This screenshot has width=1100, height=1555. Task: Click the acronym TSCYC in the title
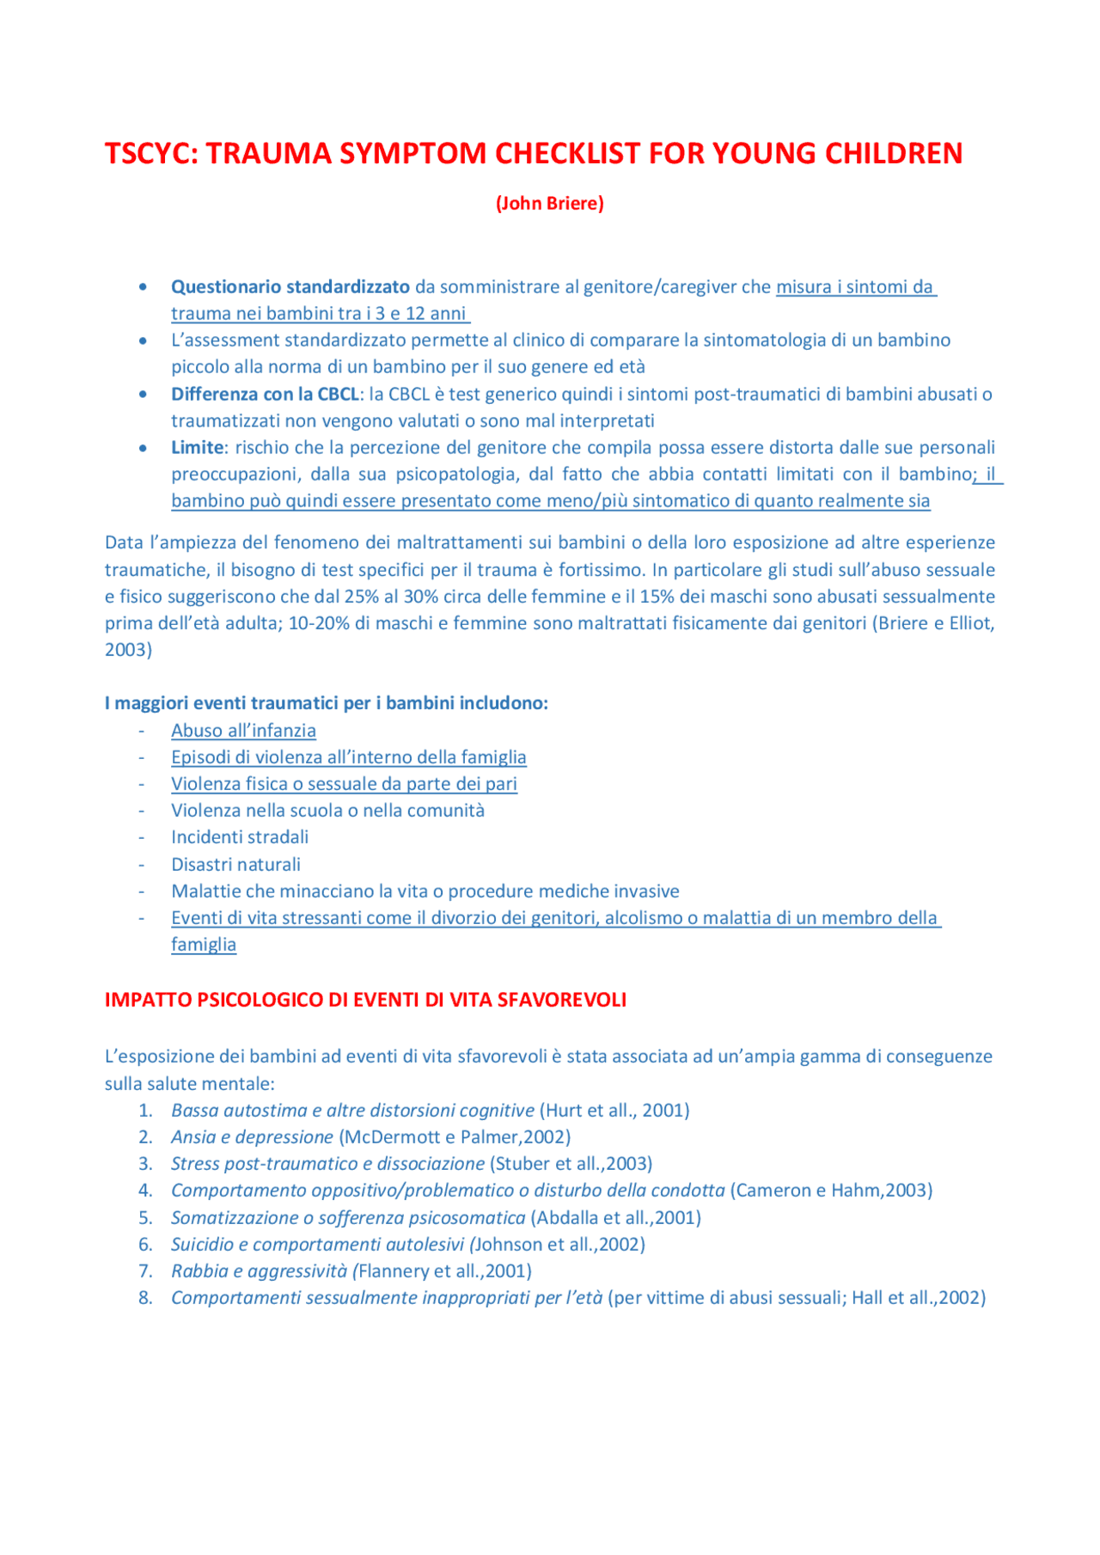tap(150, 153)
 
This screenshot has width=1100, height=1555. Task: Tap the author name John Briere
tap(549, 204)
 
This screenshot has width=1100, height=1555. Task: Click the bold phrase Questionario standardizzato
tap(290, 287)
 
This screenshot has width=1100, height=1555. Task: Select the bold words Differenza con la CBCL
tap(265, 395)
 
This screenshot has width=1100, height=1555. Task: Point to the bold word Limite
tap(197, 448)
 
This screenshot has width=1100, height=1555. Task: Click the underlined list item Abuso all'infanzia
tap(243, 731)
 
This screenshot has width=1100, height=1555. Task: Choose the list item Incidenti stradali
tap(239, 837)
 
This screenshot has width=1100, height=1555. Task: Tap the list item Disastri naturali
tap(235, 865)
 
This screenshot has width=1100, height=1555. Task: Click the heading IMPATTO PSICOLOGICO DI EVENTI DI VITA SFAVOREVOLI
tap(365, 1001)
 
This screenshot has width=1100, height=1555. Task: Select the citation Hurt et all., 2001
tap(614, 1111)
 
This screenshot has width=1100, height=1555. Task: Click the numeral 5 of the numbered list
tap(145, 1218)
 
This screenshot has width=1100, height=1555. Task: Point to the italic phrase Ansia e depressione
tap(252, 1137)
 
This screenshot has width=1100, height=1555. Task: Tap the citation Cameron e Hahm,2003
tap(831, 1191)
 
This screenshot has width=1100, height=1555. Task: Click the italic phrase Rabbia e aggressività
tap(259, 1271)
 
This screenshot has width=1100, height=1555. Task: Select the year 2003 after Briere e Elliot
tap(126, 650)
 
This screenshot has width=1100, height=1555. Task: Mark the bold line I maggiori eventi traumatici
tap(326, 703)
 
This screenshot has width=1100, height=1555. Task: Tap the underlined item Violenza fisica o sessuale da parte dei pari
tap(344, 784)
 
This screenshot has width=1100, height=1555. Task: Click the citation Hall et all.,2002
tap(918, 1298)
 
